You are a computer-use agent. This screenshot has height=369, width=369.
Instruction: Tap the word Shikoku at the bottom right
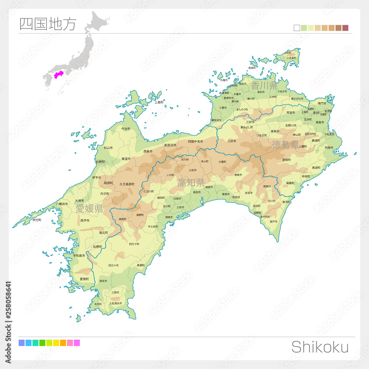(x=320, y=347)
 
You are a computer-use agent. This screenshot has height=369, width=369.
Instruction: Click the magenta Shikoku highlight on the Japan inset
(x=58, y=75)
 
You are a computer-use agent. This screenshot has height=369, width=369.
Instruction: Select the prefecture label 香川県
(x=264, y=86)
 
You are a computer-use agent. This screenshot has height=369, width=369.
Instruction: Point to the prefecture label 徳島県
(x=285, y=145)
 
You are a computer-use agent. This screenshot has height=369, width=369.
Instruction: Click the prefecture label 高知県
(x=191, y=183)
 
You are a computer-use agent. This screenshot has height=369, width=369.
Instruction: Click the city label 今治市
(x=126, y=129)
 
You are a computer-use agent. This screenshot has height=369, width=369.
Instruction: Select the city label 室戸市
(x=273, y=222)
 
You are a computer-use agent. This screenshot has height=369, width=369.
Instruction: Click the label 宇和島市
(x=79, y=255)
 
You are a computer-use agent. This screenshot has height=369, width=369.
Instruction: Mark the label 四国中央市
(x=195, y=141)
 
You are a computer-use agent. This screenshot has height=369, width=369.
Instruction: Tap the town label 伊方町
(x=37, y=220)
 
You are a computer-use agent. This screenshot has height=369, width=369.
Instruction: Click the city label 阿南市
(x=329, y=148)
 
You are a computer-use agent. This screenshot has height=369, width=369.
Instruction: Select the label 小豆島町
(x=291, y=58)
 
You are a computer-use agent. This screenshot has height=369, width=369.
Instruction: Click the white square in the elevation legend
(x=297, y=28)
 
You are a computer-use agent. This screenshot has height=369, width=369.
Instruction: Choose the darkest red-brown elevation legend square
(x=345, y=28)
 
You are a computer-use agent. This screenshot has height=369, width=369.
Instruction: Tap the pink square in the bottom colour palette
(x=70, y=343)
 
